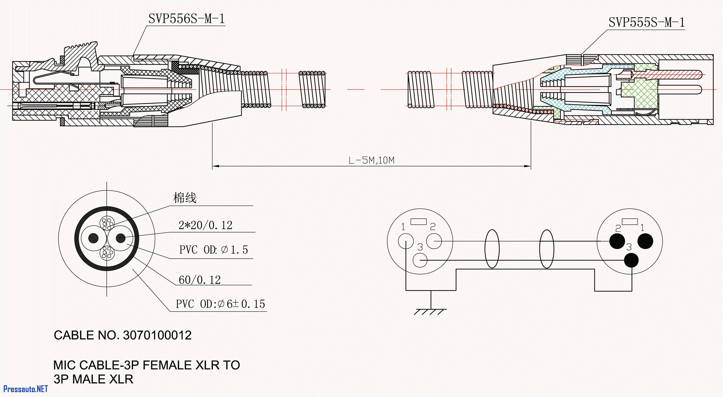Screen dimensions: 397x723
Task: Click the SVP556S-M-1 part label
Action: [186, 19]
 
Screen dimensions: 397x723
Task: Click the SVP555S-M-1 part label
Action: [646, 23]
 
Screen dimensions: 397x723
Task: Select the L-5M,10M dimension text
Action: [371, 160]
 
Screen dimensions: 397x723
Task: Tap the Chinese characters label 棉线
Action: [184, 198]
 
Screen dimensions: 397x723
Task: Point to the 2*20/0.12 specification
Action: [205, 225]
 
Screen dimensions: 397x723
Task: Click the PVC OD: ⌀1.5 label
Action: [213, 250]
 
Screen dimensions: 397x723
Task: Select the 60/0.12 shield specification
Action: [200, 280]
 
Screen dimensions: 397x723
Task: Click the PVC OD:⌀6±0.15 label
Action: [220, 304]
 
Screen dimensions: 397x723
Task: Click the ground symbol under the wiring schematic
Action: [430, 311]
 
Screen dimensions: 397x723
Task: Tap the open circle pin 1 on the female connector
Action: [405, 241]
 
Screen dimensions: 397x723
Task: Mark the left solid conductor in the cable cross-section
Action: [94, 238]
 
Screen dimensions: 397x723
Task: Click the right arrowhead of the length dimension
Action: [528, 166]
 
